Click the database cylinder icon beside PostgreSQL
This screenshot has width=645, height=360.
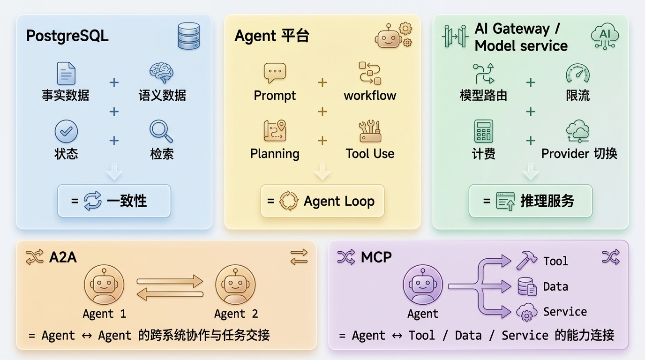pyautogui.click(x=188, y=36)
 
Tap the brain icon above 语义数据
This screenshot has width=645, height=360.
pyautogui.click(x=162, y=73)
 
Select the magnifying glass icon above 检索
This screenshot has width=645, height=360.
pyautogui.click(x=161, y=131)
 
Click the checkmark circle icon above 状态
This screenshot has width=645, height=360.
pyautogui.click(x=66, y=131)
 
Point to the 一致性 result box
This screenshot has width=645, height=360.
pyautogui.click(x=114, y=201)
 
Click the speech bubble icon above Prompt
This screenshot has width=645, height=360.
pyautogui.click(x=275, y=73)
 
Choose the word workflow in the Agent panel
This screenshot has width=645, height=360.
pyautogui.click(x=370, y=96)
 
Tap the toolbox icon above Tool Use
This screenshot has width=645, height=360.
pyautogui.click(x=370, y=131)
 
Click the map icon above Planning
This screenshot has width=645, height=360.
pyautogui.click(x=275, y=131)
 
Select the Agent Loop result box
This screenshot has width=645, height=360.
pyautogui.click(x=322, y=201)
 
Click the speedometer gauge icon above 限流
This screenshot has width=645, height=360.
pyautogui.click(x=577, y=74)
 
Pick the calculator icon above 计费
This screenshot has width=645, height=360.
pyautogui.click(x=483, y=131)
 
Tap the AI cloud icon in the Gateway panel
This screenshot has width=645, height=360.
pyautogui.click(x=605, y=36)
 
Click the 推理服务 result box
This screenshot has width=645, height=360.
pyautogui.click(x=531, y=201)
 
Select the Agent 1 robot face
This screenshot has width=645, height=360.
pyautogui.click(x=104, y=285)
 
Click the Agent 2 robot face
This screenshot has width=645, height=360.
pyautogui.click(x=235, y=285)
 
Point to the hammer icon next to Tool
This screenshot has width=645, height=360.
pyautogui.click(x=527, y=260)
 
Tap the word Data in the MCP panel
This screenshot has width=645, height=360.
pyautogui.click(x=555, y=286)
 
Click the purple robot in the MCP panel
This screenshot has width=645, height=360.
pyautogui.click(x=423, y=285)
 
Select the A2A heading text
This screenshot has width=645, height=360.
pyautogui.click(x=63, y=257)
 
